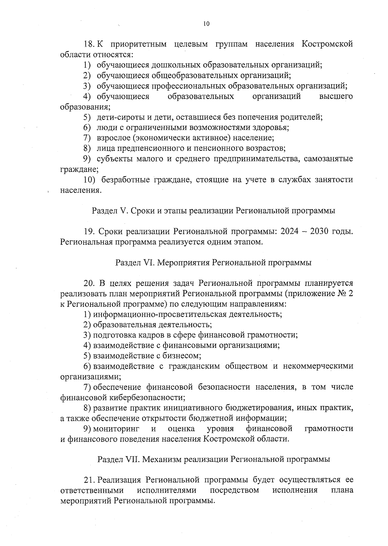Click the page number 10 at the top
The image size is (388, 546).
click(x=206, y=24)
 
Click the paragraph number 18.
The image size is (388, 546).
click(x=88, y=44)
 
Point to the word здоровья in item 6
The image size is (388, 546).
click(x=274, y=127)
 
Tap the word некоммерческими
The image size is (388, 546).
click(x=318, y=366)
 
